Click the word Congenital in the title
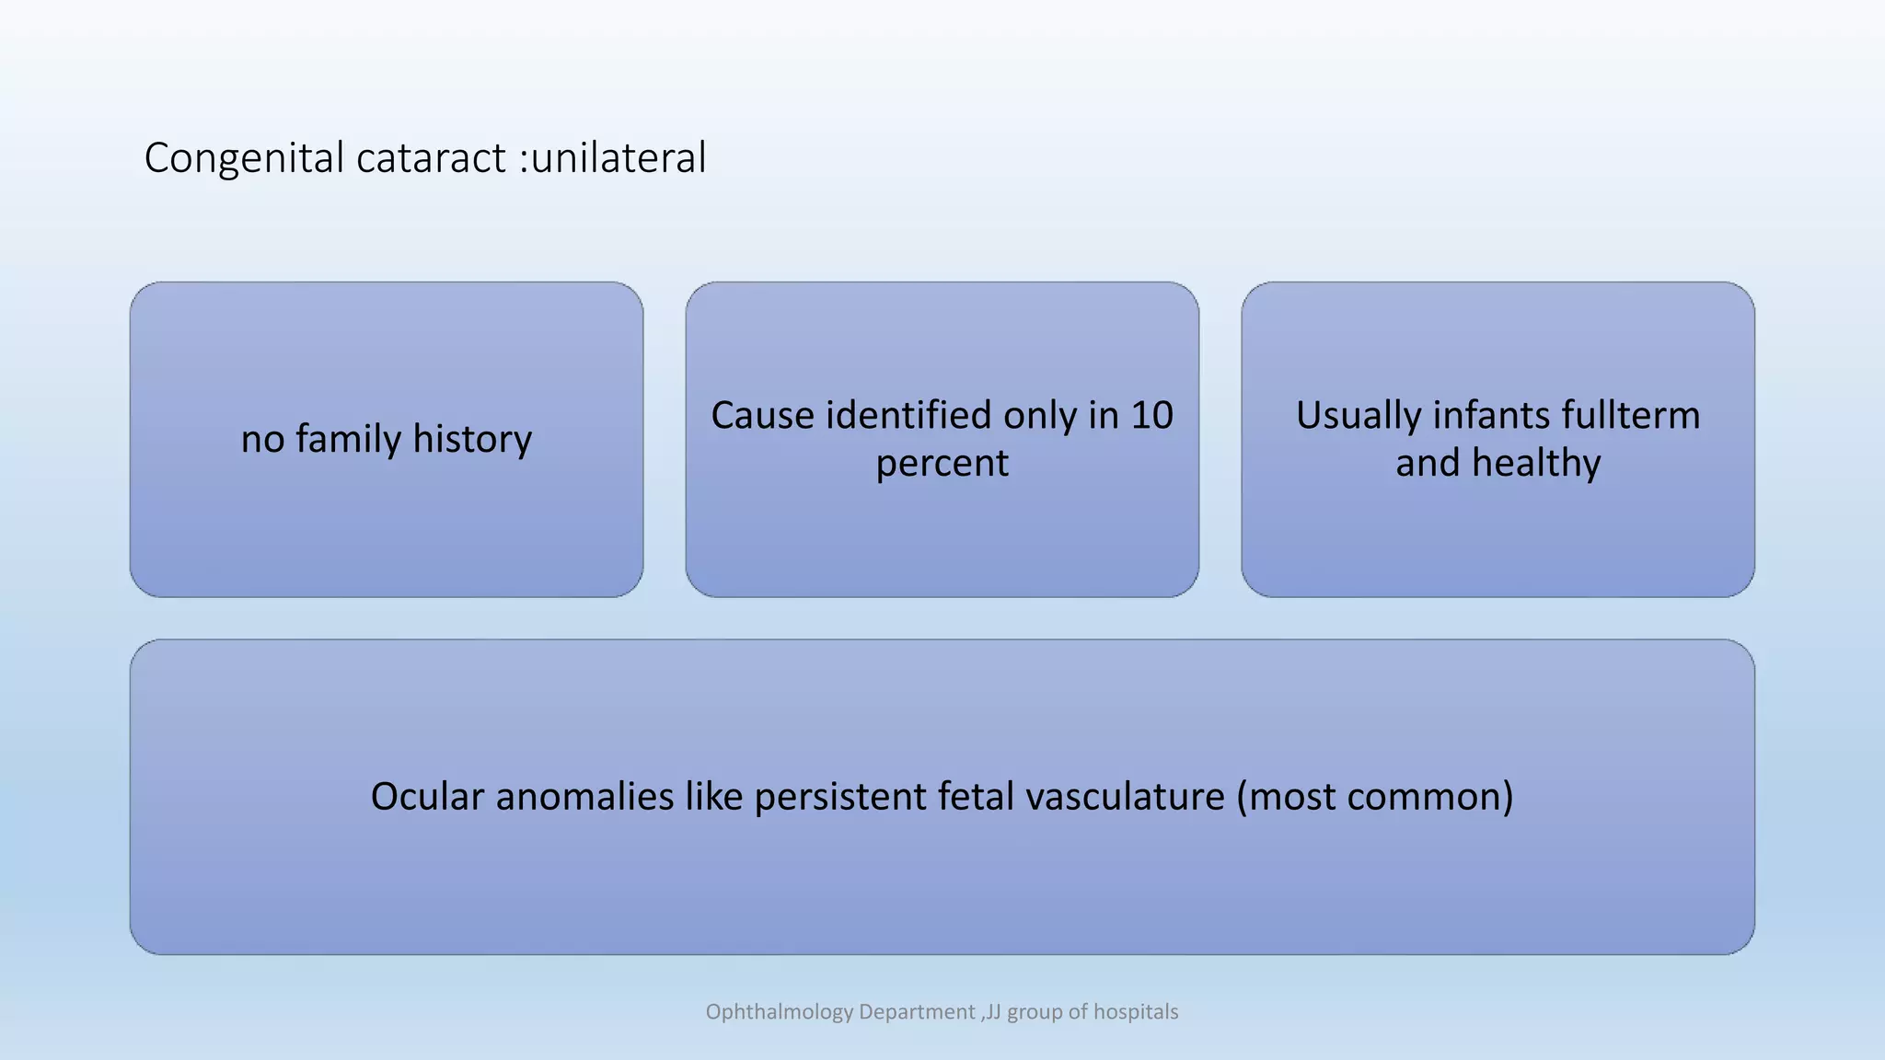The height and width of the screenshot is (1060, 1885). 244,158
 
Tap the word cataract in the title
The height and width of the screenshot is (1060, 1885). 430,158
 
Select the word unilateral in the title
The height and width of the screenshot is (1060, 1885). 619,158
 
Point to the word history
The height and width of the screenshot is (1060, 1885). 472,439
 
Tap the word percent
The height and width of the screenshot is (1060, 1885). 942,463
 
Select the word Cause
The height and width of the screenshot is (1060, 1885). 762,415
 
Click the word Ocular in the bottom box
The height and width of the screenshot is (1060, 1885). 426,796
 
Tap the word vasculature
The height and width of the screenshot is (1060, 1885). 1125,796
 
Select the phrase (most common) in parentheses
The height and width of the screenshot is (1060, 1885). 1374,796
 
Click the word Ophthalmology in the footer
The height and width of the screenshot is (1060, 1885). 780,1012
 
